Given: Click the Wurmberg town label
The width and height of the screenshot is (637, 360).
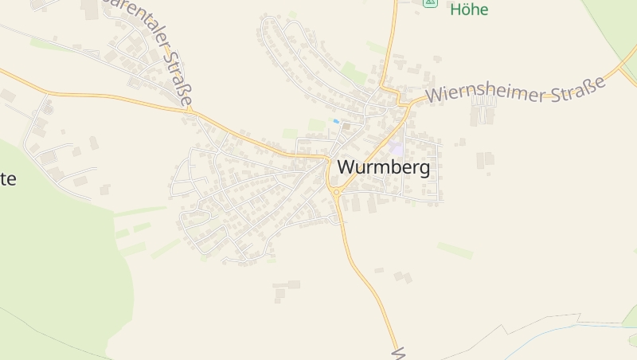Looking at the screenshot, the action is [384, 167].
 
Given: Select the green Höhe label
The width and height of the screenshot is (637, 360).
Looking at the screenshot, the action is [469, 10].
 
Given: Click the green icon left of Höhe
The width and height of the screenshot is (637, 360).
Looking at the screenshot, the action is [430, 2].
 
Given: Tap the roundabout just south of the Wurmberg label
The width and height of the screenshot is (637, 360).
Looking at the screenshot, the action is [336, 192].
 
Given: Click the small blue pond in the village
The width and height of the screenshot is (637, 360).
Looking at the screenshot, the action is [337, 121].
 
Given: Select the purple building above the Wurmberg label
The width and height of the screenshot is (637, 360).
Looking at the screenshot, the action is [396, 148].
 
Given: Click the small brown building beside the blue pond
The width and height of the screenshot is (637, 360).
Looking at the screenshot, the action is [346, 126].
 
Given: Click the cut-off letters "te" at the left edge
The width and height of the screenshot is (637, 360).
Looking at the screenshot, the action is [7, 178].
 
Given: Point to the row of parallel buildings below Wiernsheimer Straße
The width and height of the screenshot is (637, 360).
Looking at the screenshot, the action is [483, 112].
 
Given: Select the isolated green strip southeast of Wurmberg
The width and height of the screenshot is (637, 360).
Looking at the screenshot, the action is [455, 251].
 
